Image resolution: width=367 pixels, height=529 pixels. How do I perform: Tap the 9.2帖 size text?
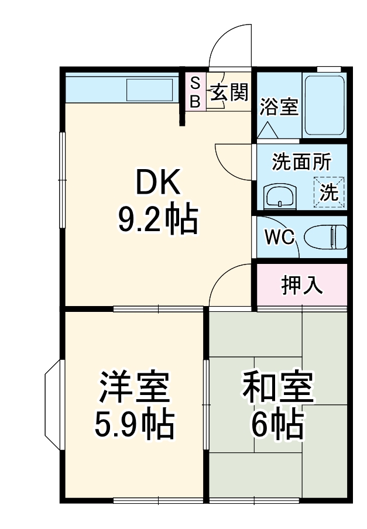coord(157,219)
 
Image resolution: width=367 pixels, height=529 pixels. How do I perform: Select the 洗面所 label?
coord(301,163)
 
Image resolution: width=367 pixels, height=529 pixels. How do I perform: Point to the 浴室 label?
coord(279,107)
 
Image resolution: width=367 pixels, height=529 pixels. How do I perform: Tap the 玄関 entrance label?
coord(229,92)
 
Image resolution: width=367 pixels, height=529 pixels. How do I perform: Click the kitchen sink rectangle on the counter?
coord(150,90)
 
